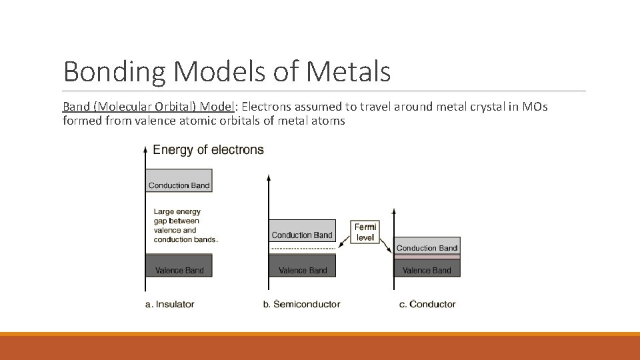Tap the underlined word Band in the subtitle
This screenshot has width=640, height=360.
[75, 107]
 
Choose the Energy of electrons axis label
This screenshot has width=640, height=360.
[208, 149]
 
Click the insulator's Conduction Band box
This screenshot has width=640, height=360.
[179, 181]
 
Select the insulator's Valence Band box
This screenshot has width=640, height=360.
[179, 266]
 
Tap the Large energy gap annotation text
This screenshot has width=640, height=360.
[185, 225]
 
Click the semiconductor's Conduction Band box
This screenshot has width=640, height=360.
[302, 231]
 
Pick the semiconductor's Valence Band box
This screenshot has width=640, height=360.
[302, 266]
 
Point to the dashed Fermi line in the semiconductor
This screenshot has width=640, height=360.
[302, 249]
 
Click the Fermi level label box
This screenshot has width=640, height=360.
[365, 232]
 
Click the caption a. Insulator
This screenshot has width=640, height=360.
[169, 304]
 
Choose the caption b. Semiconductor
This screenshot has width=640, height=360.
[301, 304]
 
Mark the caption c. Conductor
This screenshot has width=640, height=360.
[427, 304]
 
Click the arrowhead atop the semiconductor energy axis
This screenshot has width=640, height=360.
[269, 178]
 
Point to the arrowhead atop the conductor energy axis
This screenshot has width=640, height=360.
[394, 211]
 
